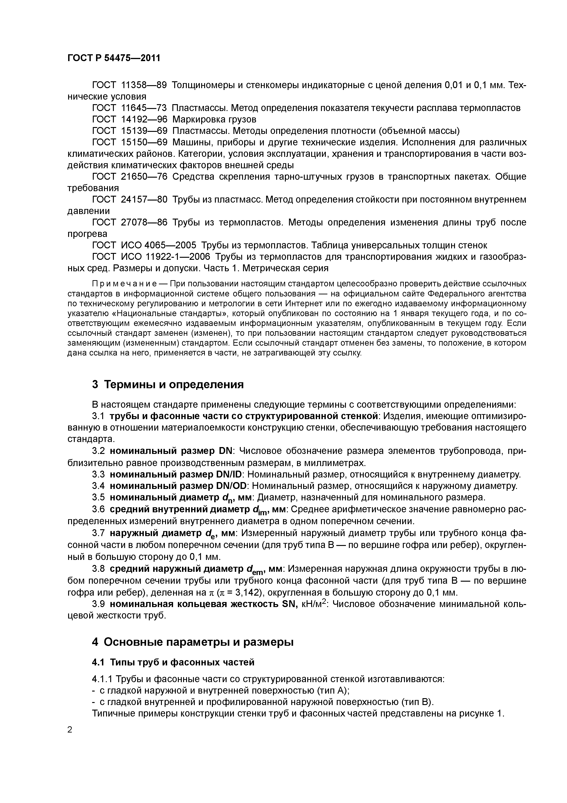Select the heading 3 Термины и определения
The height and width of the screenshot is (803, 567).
168,384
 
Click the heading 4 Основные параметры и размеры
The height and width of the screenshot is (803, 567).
193,642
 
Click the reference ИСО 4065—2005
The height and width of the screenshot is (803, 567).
158,245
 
